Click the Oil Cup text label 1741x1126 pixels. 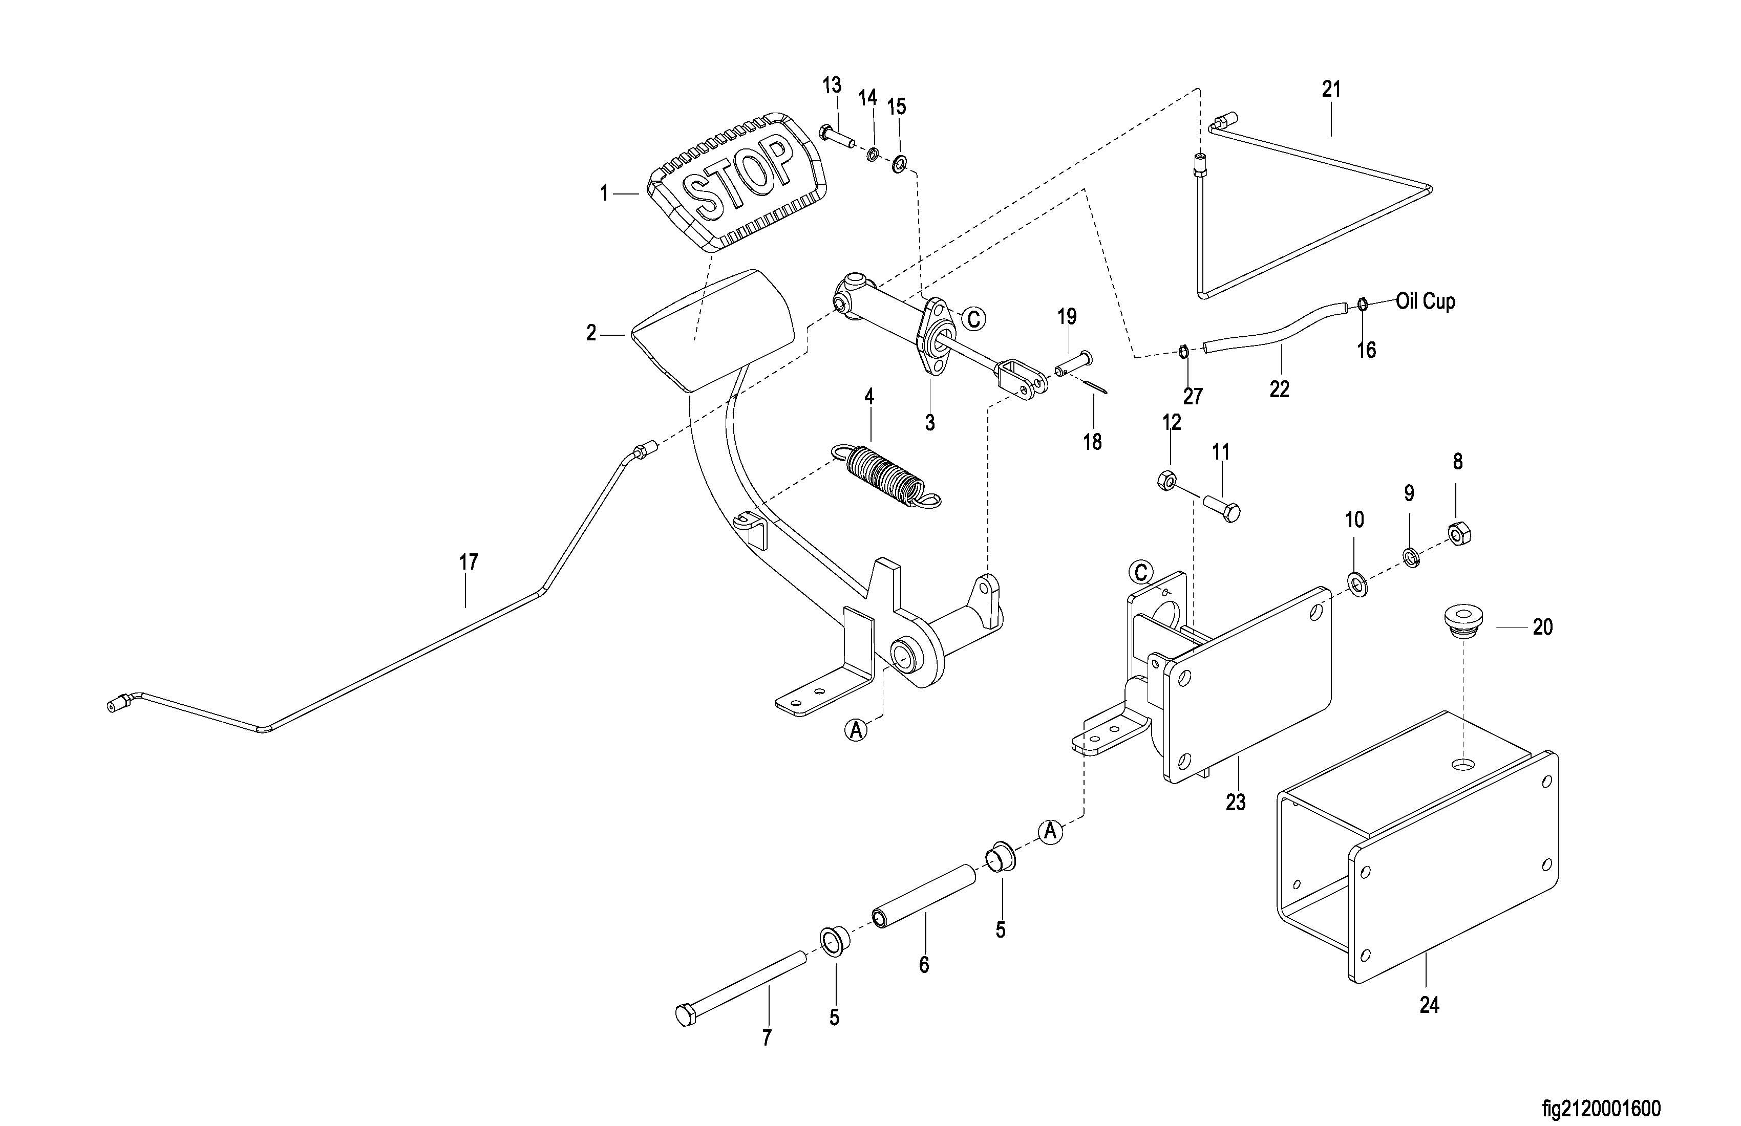click(1425, 301)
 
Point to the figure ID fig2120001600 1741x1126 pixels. click(1601, 1109)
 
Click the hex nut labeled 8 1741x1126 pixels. click(1459, 534)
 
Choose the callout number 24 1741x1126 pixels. click(1429, 1005)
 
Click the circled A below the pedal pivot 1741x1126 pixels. click(856, 729)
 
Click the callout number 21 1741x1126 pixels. click(1331, 89)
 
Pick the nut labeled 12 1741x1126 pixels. click(1167, 481)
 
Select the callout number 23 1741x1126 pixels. click(1236, 802)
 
